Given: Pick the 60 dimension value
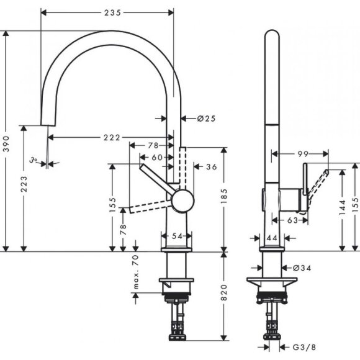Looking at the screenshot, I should [x=158, y=157].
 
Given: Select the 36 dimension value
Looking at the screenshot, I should [x=211, y=166].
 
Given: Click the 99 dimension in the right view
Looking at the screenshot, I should [x=303, y=153].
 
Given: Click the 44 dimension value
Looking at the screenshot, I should [x=271, y=236].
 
